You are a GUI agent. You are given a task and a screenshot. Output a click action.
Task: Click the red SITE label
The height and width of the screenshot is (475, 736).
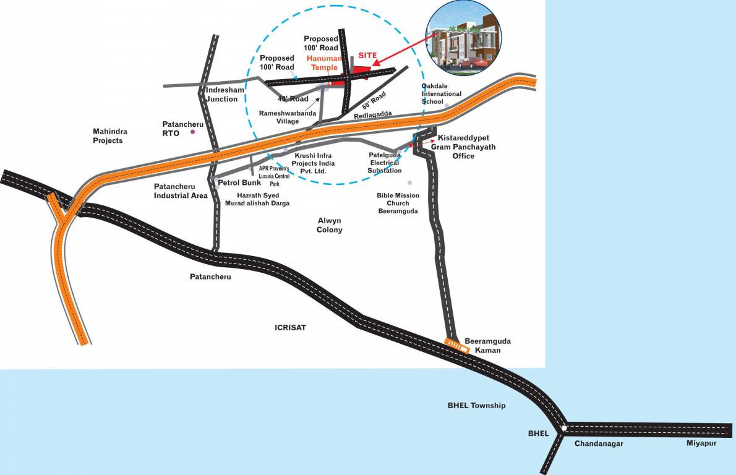[367, 55]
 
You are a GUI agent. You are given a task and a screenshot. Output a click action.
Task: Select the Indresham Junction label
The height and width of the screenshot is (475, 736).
[222, 95]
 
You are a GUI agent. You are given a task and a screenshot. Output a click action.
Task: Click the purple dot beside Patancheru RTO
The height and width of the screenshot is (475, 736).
[193, 132]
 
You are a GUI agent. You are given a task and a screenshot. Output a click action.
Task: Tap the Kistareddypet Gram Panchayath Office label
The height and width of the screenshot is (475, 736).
[466, 147]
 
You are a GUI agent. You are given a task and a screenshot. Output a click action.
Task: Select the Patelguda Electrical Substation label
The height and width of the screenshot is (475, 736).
[384, 163]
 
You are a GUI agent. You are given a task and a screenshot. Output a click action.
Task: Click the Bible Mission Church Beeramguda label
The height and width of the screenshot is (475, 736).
[398, 203]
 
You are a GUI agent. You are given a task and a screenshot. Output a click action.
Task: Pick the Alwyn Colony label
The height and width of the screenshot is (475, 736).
[330, 225]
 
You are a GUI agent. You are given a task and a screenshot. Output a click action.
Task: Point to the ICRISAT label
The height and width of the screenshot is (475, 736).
[291, 327]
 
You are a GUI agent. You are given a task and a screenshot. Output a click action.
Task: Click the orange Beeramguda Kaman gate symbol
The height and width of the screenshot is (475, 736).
[458, 346]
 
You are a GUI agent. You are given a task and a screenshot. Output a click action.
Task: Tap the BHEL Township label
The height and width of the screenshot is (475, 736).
[477, 406]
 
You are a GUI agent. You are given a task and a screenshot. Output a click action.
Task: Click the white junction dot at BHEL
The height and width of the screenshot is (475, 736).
[563, 428]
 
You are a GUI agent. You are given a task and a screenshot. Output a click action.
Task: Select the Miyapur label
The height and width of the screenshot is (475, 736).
[701, 443]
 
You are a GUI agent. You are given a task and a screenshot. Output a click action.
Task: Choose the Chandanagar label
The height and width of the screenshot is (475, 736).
[599, 443]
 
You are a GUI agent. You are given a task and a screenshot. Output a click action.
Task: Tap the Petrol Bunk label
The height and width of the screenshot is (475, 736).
[239, 183]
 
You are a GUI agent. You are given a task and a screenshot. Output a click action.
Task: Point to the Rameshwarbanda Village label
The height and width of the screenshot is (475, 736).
[288, 118]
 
